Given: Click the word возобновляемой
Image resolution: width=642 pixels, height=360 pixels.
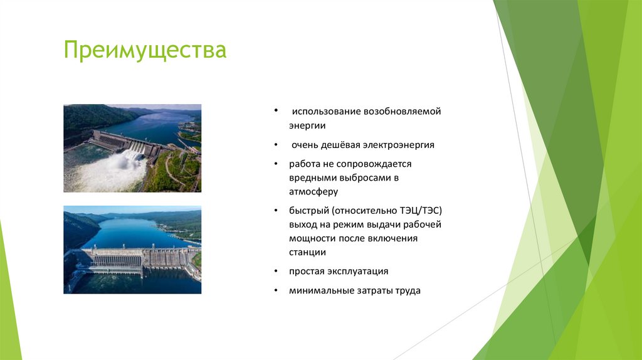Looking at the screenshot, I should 401,112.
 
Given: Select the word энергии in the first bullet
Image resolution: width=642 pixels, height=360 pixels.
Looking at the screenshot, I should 307,125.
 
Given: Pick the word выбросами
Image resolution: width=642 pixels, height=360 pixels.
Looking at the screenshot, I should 363,177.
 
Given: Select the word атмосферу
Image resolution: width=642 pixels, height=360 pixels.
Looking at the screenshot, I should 313,192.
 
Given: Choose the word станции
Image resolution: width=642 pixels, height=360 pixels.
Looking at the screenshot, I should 307,252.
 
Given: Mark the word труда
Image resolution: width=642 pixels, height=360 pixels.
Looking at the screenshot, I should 408,291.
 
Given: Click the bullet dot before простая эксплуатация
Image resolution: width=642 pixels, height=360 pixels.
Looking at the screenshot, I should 276,272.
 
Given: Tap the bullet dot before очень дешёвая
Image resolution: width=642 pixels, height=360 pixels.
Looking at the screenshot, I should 276,145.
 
